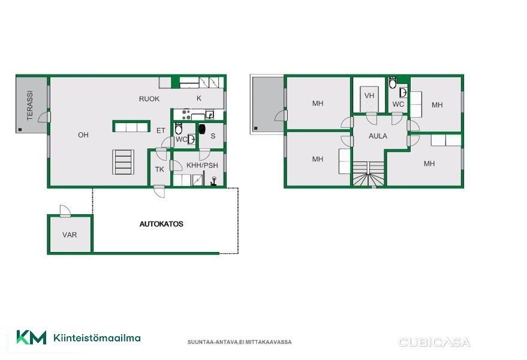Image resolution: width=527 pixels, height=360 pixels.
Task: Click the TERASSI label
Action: (30, 106)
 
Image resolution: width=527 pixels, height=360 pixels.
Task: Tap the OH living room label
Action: (83, 135)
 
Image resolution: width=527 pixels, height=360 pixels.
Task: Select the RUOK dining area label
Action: (149, 99)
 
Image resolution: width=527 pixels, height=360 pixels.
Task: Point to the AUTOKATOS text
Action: (161, 224)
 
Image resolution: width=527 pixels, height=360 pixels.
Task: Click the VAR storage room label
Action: (70, 235)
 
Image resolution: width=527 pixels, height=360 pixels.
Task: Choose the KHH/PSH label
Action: (202, 165)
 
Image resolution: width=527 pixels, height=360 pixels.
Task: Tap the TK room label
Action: (159, 169)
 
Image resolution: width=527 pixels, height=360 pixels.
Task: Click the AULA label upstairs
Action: (378, 136)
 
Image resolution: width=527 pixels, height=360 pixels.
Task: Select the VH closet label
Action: (369, 96)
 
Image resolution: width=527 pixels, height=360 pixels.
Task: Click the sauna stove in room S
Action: (202, 129)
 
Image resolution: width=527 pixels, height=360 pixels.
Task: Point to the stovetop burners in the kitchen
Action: (186, 115)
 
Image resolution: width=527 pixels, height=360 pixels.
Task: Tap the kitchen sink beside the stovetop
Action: (209, 115)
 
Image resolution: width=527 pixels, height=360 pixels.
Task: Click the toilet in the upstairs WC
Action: (392, 83)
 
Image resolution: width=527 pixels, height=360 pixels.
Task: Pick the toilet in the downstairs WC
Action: (179, 129)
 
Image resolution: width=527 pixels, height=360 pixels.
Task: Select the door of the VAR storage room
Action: (65, 211)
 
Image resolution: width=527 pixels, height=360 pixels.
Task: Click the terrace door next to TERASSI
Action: (44, 117)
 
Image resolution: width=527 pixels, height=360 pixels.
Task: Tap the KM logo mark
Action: (32, 337)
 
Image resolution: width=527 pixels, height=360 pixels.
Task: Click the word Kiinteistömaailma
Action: (97, 338)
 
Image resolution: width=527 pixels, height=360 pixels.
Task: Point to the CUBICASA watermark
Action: (434, 343)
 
